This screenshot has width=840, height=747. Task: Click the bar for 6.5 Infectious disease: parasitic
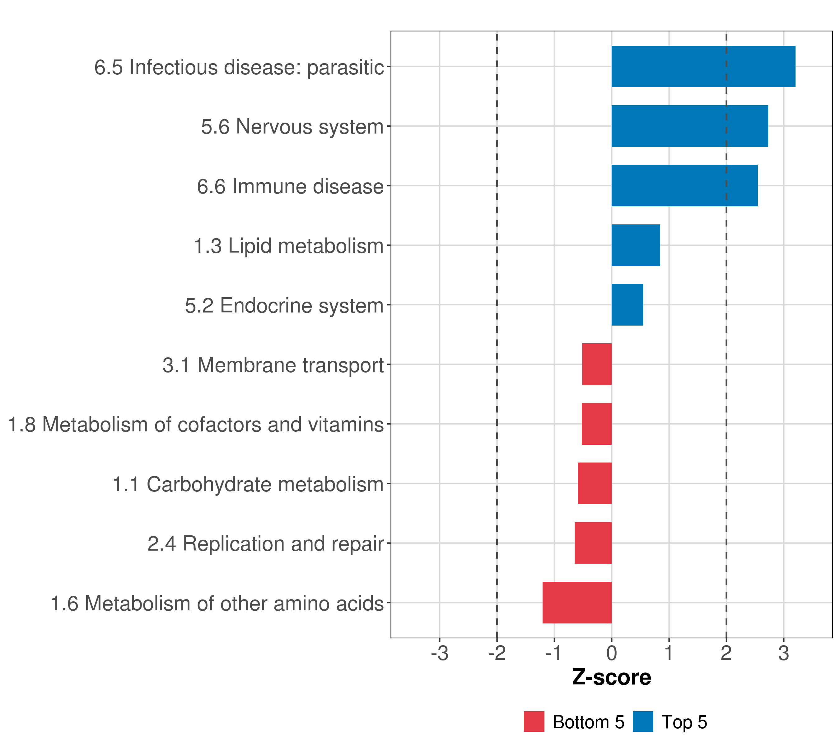coord(703,67)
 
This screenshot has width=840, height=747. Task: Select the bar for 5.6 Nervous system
coord(690,126)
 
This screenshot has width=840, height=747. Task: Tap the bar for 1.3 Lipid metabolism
coord(636,246)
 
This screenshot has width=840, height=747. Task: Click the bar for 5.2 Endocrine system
coord(627,305)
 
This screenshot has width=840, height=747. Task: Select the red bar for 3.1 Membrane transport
coord(597,364)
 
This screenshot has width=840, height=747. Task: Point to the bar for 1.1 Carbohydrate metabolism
coord(595,483)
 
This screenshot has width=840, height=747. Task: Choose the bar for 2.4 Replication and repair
coord(593,543)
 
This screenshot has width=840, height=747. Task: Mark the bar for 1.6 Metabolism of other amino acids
coord(577,603)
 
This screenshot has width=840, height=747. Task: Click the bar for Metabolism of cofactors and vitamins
coord(597,424)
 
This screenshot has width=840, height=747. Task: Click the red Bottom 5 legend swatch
coord(534,721)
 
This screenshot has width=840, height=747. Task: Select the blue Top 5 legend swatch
coord(643,721)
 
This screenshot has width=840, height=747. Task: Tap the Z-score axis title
coord(612,677)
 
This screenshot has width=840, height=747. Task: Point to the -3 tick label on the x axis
coord(439,653)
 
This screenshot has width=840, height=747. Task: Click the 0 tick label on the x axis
coord(612,653)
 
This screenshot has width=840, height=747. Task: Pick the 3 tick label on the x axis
coord(783,653)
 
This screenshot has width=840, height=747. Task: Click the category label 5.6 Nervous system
coord(292,127)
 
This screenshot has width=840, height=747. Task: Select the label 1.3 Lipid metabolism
coord(288,246)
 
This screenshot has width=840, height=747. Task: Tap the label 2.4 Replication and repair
coord(265,543)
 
